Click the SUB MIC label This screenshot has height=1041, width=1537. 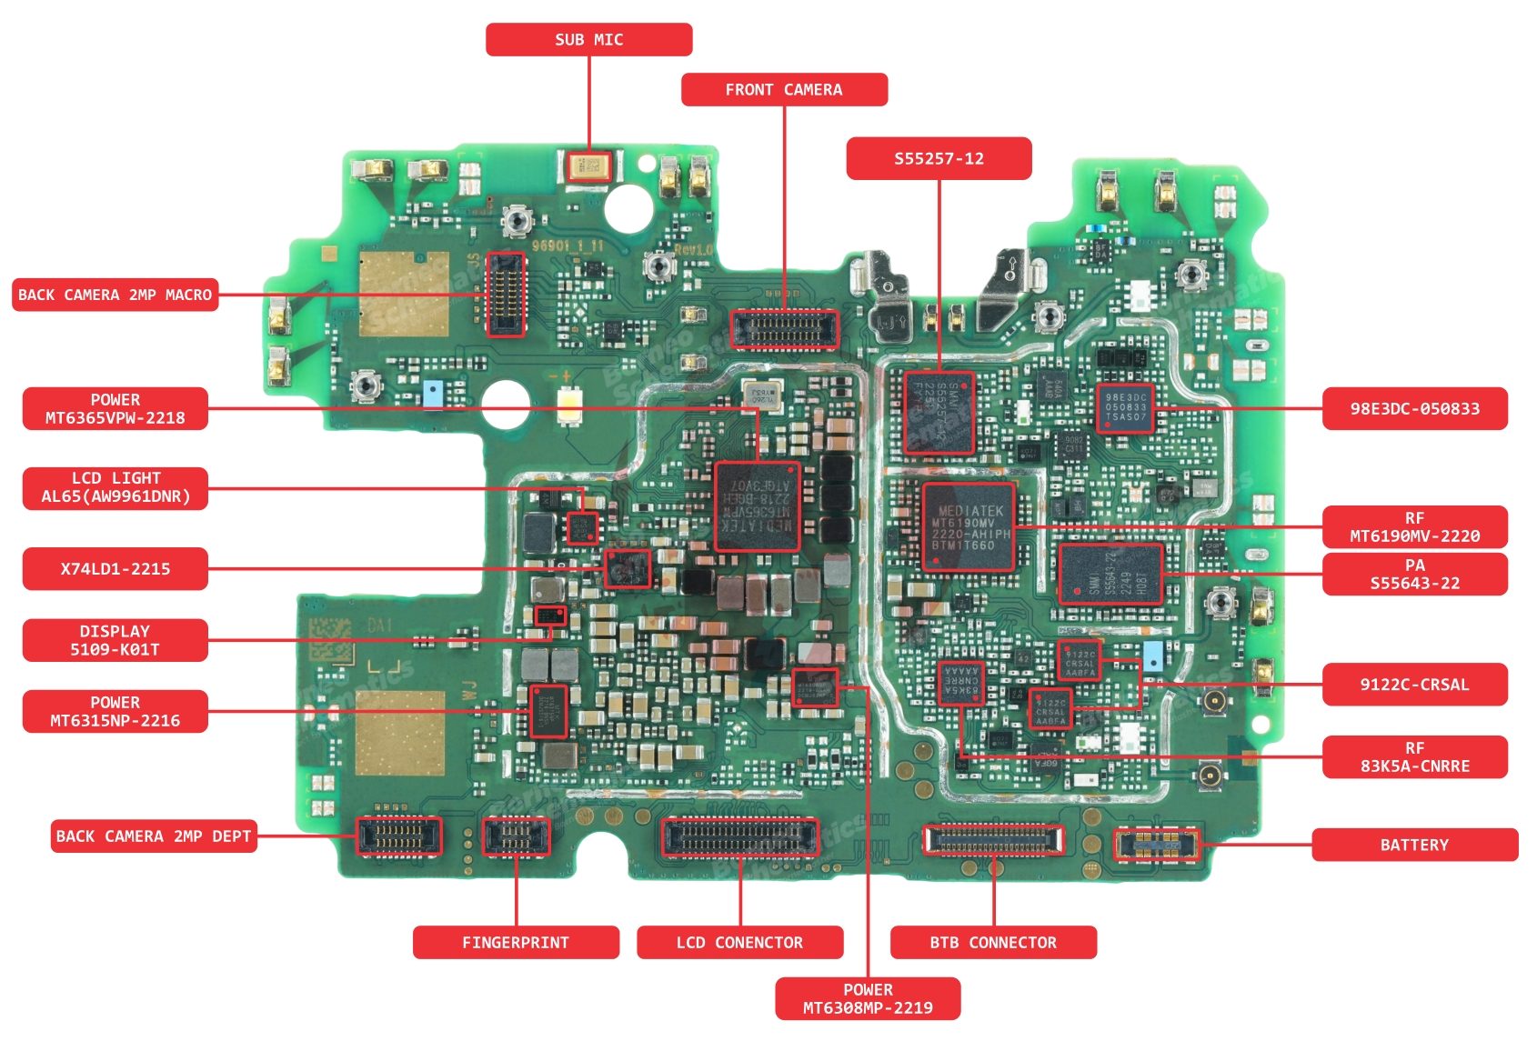(588, 40)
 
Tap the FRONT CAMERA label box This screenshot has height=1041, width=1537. (783, 90)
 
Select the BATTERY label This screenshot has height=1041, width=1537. (1413, 845)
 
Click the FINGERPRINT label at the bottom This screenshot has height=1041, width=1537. (515, 943)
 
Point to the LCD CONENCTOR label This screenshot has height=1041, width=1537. (739, 943)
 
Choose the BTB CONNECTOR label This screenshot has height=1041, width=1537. (992, 943)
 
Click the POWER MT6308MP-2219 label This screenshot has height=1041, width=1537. (867, 998)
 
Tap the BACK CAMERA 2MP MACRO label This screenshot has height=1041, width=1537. (115, 295)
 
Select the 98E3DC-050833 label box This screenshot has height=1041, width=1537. (1414, 409)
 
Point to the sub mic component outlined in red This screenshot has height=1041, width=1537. (588, 166)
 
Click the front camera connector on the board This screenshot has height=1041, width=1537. (783, 329)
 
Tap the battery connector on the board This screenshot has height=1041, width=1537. (1157, 846)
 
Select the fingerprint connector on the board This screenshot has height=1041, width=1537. (515, 837)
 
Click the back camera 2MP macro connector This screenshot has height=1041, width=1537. (506, 295)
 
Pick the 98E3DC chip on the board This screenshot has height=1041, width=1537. (1125, 408)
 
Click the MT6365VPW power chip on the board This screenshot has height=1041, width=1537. (757, 506)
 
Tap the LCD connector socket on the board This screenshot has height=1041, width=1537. (739, 837)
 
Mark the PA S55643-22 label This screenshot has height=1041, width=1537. (1414, 575)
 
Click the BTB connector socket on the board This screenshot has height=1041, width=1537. (992, 840)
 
